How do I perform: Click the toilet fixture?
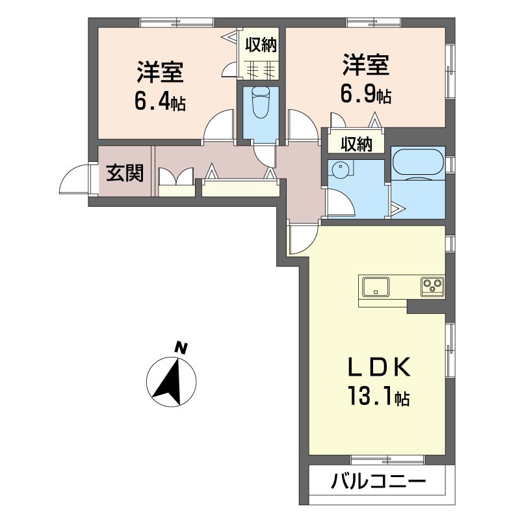point(261,101)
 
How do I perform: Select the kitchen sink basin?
point(376,287)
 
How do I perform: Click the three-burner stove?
point(432,287)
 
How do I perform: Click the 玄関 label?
point(125,173)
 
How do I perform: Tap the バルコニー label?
point(378,481)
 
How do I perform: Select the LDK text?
point(380,367)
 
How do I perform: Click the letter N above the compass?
point(181,348)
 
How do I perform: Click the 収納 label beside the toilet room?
point(261,45)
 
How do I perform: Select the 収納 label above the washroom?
point(356,144)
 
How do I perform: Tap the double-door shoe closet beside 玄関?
point(176,182)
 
